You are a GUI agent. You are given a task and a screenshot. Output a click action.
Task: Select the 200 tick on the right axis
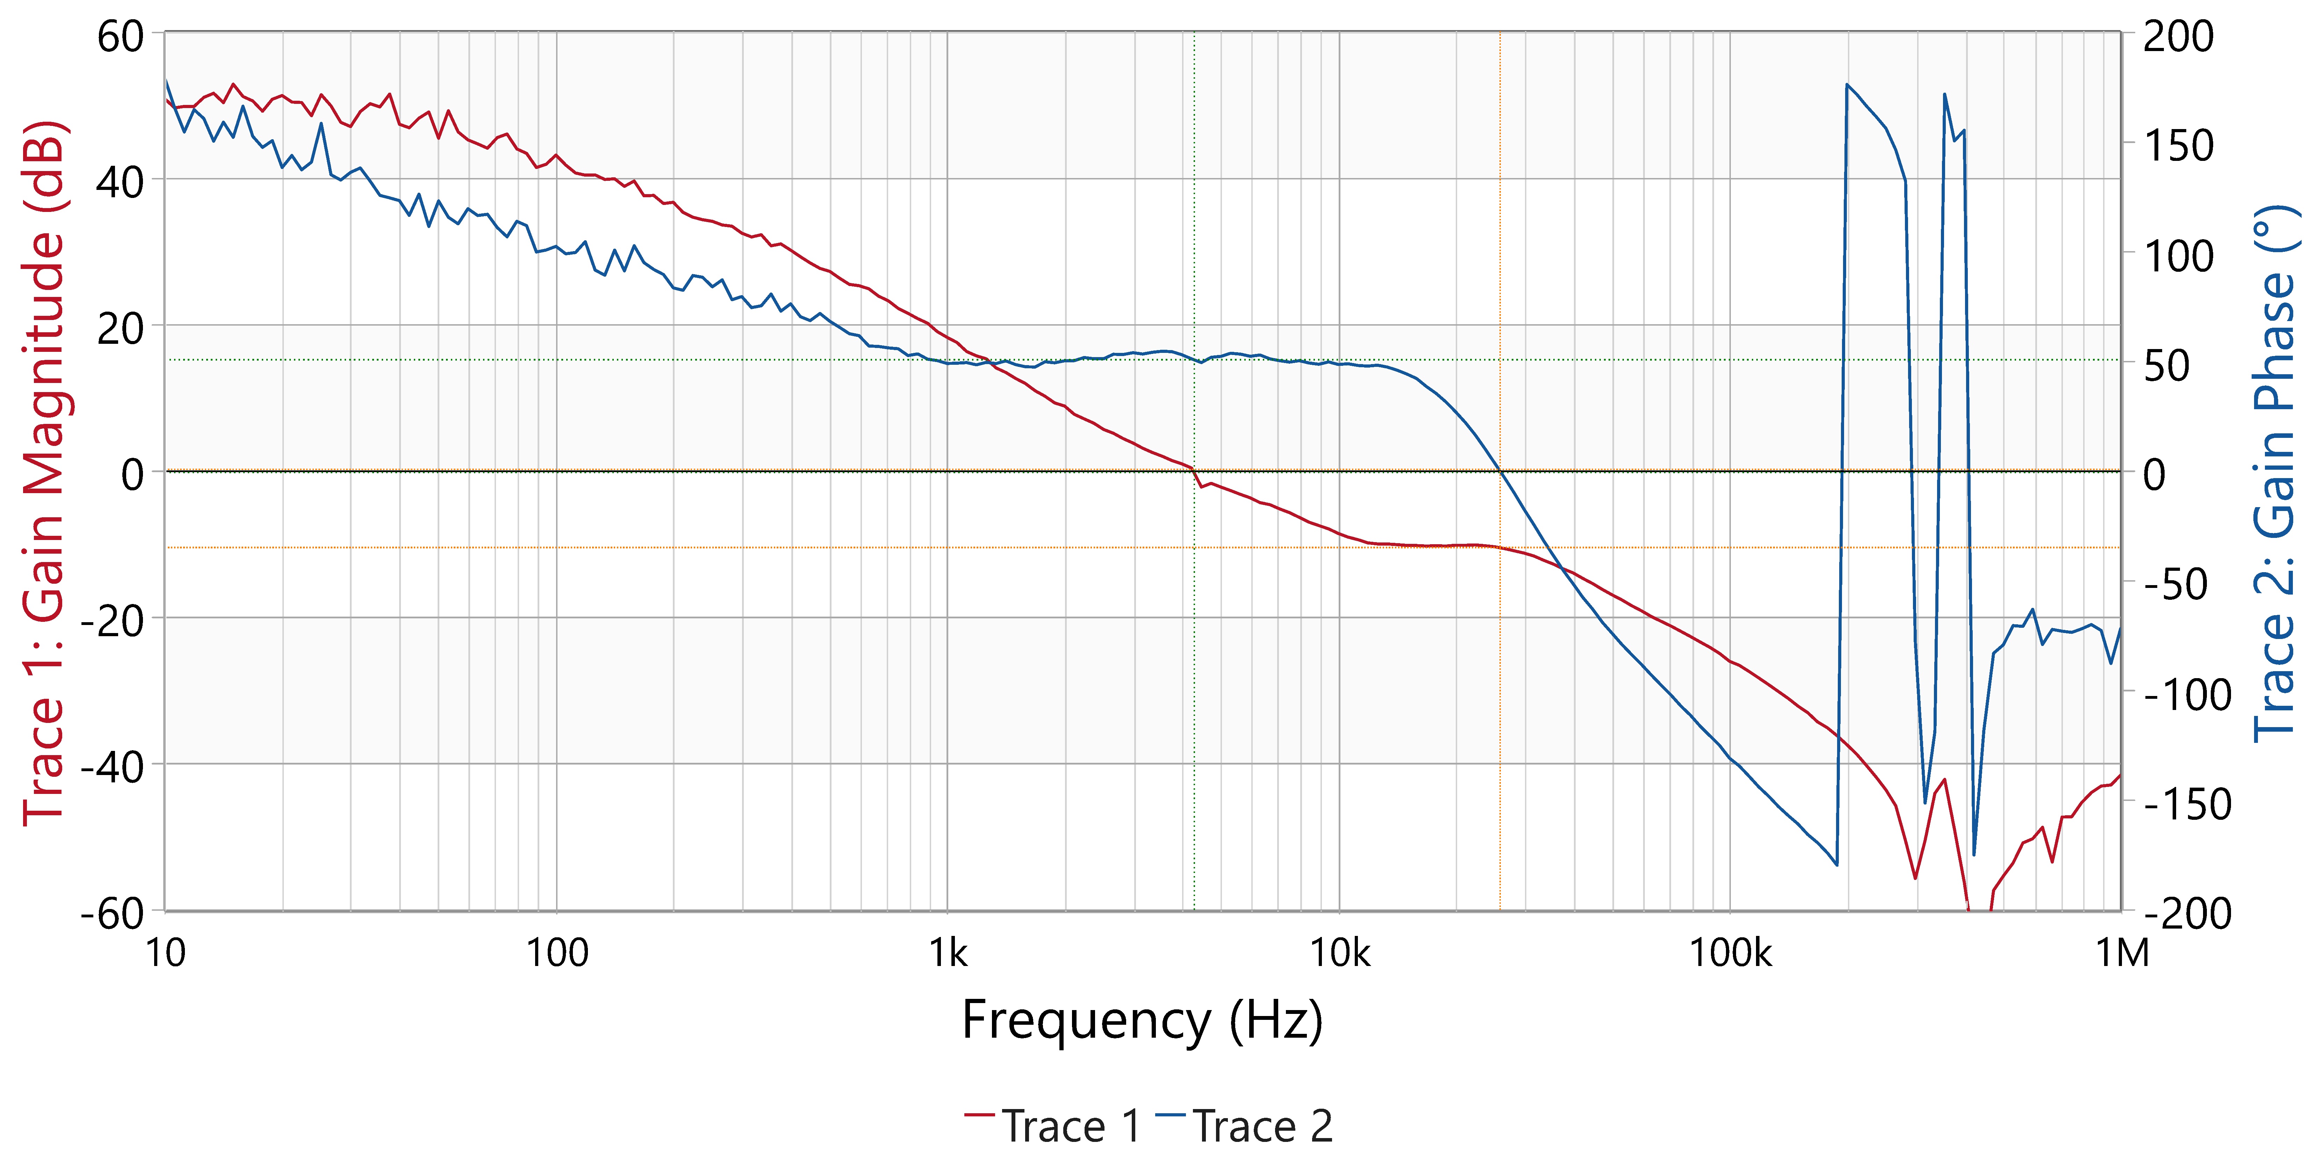tap(2177, 38)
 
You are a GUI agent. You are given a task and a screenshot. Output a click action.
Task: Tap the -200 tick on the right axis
tap(2186, 914)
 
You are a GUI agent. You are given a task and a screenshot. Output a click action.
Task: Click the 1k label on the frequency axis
tap(948, 953)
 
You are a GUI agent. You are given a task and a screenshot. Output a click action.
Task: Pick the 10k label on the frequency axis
tap(1340, 953)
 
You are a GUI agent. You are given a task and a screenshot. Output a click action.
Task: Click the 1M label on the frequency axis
tap(2122, 953)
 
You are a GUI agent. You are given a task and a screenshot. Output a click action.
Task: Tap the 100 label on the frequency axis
tap(556, 953)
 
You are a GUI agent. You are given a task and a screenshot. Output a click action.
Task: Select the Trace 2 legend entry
tap(1245, 1126)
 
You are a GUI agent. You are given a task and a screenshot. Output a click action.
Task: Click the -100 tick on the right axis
tap(2186, 695)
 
